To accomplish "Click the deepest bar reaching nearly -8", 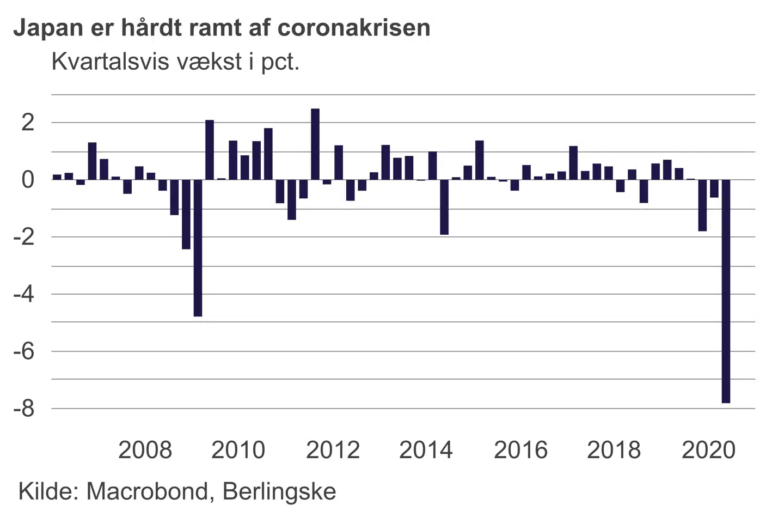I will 726,291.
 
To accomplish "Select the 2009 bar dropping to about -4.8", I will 198,248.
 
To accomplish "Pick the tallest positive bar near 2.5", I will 315,144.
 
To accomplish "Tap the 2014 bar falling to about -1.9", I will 444,207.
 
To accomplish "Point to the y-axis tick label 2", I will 27,122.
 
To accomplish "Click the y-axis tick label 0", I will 27,179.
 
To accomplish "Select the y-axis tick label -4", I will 23,294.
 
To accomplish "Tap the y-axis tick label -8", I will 23,409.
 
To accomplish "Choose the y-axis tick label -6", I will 23,351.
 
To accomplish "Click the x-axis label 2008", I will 145,450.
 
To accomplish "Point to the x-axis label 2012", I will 333,450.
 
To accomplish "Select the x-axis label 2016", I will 520,450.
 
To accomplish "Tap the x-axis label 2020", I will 708,450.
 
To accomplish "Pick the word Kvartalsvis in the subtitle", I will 109,62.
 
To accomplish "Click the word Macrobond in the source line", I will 146,491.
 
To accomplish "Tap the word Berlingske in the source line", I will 279,491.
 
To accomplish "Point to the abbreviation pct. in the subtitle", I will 280,63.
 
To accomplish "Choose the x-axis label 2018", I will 614,450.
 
